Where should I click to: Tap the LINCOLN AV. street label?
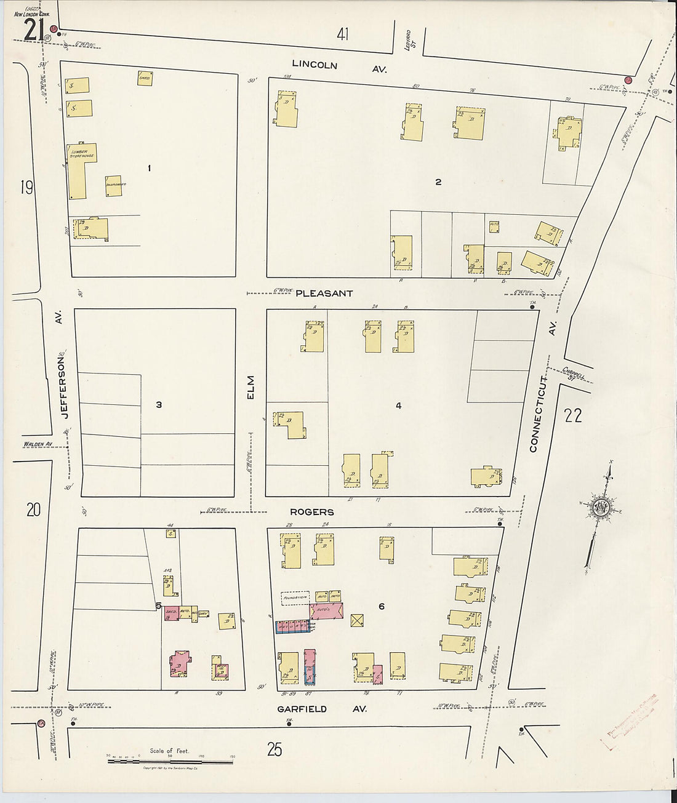tap(339, 66)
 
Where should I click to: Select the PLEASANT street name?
tap(324, 294)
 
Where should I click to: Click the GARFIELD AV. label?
tap(322, 709)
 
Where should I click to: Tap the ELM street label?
tap(250, 388)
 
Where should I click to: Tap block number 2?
tap(438, 182)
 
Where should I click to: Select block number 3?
tap(159, 404)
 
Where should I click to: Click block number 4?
tap(399, 405)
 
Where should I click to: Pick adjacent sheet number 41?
tap(342, 34)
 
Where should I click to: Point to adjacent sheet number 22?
tap(572, 415)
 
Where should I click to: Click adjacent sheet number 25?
tap(274, 749)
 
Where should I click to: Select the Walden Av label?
tap(38, 444)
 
